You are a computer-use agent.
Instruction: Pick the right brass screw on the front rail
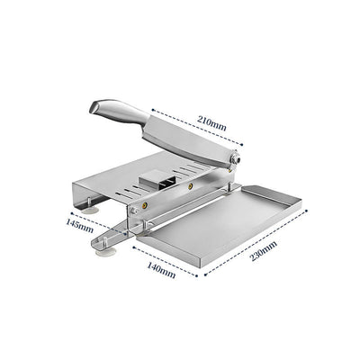[x=190, y=186]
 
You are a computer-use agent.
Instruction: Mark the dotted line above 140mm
[x=162, y=256]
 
